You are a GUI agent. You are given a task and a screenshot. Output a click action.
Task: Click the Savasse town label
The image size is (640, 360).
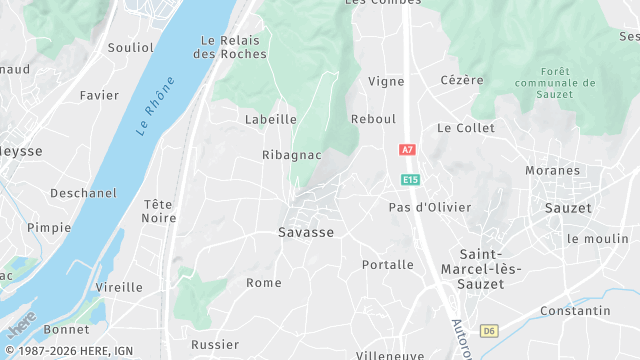pos(305,231)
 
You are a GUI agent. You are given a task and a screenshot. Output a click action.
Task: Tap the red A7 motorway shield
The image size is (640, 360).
pos(406,149)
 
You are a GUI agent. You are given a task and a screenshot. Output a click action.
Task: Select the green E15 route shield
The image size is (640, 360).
pos(410,179)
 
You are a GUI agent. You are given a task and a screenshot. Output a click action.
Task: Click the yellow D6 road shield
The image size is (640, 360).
pos(488,330)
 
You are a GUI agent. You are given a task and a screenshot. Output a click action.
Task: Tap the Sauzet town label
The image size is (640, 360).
pos(568,208)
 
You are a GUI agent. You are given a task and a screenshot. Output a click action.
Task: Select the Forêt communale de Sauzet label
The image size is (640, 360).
pos(554,83)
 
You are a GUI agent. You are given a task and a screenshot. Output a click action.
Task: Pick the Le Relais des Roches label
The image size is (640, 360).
pos(231,47)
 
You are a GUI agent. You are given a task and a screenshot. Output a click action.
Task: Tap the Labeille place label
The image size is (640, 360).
pos(271,119)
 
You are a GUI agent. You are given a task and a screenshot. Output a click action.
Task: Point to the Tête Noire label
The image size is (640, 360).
pos(158,211)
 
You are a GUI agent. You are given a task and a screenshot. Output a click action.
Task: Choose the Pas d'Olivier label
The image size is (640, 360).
pos(430,207)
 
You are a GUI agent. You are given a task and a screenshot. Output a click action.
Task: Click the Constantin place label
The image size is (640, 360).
pos(575,311)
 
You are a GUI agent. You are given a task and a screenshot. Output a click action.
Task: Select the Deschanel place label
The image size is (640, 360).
pos(78,192)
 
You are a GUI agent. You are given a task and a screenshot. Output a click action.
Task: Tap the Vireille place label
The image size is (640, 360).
pos(119,287)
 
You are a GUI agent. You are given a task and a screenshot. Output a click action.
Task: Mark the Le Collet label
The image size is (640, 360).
pos(466,128)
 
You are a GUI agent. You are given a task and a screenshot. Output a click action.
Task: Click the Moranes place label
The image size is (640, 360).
pos(553,170)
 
